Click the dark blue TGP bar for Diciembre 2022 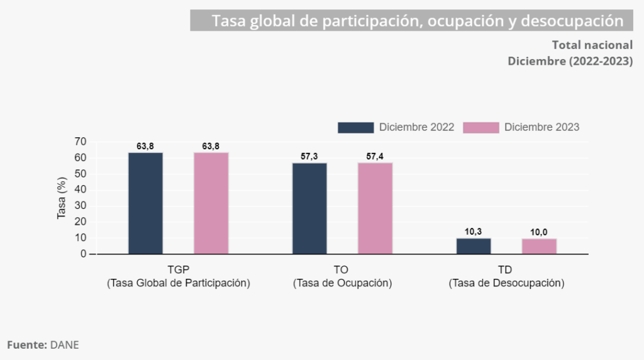(145, 203)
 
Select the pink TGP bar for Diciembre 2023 (211, 203)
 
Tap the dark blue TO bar (309, 208)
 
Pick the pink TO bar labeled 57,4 (375, 208)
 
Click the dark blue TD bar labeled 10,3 (474, 246)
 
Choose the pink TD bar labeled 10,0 (539, 246)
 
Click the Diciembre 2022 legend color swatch (355, 127)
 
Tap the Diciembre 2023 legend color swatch (480, 127)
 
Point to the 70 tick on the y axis (80, 142)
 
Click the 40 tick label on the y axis (80, 189)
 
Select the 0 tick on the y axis (83, 254)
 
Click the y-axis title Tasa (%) (62, 198)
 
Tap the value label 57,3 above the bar (309, 156)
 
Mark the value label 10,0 (539, 232)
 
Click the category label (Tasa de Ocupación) (343, 283)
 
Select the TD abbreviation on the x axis (506, 269)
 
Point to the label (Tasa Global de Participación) (179, 283)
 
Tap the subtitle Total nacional (592, 45)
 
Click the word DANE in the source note (65, 345)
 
